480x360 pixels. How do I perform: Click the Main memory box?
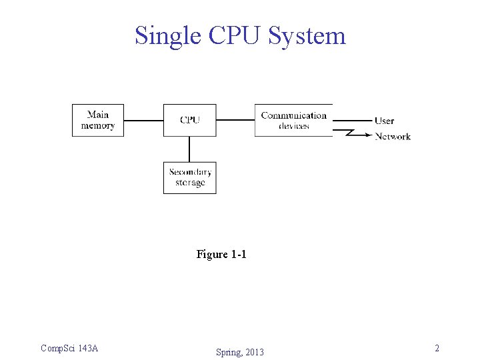[98, 121]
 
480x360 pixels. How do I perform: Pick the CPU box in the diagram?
[189, 121]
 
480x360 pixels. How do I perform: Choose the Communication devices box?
[293, 121]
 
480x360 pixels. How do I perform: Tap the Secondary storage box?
[190, 178]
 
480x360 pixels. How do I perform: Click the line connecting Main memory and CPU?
[143, 121]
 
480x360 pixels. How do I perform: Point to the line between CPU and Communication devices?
[235, 121]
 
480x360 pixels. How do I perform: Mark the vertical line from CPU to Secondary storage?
[189, 149]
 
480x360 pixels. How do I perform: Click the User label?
[384, 121]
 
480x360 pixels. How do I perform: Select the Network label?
[393, 137]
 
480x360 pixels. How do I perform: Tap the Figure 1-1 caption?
[221, 255]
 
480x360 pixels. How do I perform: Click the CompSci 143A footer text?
[69, 348]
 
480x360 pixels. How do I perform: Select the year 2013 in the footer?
[253, 352]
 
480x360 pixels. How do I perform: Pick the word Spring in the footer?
[229, 352]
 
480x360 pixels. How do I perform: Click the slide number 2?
[437, 348]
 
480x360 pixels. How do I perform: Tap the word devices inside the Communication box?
[293, 126]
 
